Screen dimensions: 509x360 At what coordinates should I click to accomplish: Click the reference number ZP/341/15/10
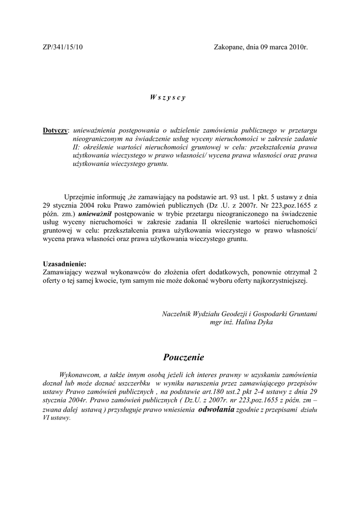coord(63,47)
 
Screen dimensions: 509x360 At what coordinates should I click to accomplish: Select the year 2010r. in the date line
coord(297,47)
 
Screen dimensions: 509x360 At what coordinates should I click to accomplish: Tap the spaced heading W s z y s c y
coord(168,97)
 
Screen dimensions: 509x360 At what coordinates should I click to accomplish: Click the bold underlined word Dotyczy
coord(55,130)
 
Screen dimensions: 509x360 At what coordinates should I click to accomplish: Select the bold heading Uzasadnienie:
coord(65,263)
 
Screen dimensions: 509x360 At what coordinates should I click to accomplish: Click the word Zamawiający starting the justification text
coord(64,272)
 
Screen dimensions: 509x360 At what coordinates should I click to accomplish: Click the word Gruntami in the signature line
coord(302,314)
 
